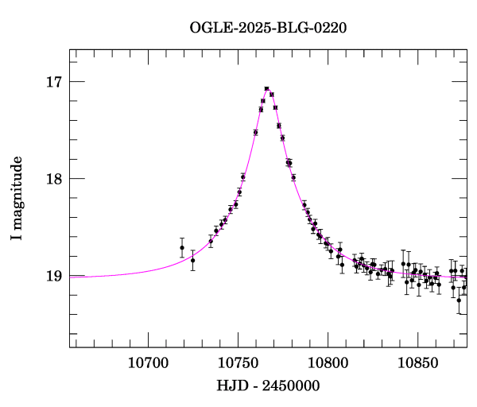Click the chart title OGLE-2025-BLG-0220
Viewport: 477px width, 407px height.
tap(268, 27)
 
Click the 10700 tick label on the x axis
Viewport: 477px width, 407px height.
tap(149, 362)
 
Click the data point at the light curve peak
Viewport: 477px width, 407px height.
tap(266, 88)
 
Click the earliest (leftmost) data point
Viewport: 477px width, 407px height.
tap(182, 247)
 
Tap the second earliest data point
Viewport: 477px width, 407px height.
tap(192, 260)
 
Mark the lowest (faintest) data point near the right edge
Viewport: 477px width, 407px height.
tap(459, 300)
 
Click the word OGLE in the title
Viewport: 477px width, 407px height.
tap(209, 27)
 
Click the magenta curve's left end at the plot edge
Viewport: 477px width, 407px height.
tap(71, 277)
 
